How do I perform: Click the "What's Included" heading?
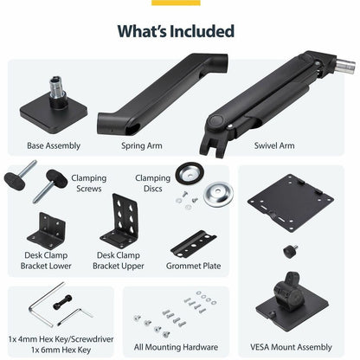pos(176,31)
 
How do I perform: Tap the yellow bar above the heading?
pos(176,3)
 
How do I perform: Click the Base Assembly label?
pos(54,145)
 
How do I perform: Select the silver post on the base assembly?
pos(55,87)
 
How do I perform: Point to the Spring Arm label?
pos(142,145)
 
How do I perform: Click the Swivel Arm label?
pos(274,145)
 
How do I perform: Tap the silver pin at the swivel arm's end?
pos(345,66)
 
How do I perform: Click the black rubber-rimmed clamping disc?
pos(190,173)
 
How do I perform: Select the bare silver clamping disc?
pos(218,194)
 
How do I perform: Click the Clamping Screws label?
pos(89,183)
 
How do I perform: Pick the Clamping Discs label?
pos(153,183)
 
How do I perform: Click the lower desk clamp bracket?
pos(47,231)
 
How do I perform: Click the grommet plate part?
pos(193,244)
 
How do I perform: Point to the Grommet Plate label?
pos(194,266)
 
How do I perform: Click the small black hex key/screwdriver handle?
pos(62,302)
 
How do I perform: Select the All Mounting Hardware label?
pos(176,347)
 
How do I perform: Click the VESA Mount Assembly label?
pos(291,347)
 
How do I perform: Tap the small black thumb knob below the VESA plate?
pos(290,252)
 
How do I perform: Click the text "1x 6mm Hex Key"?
pos(61,350)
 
